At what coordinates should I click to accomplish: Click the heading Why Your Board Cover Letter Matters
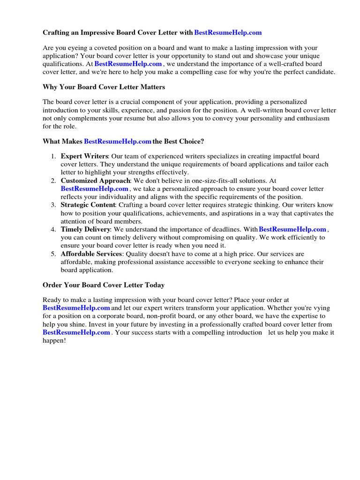tap(104, 87)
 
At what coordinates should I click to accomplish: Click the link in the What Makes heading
tap(118, 142)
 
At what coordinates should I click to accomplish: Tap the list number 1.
tap(53, 156)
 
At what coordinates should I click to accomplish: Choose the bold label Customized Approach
tap(95, 181)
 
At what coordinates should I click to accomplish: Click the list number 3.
tap(53, 205)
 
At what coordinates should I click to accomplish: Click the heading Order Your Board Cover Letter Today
tap(104, 285)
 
